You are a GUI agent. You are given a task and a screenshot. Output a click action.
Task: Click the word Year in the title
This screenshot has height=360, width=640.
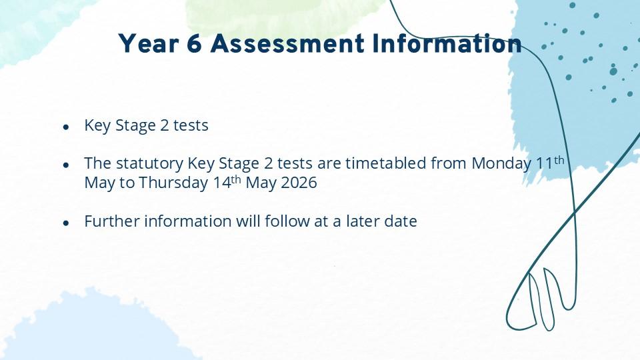[x=149, y=44]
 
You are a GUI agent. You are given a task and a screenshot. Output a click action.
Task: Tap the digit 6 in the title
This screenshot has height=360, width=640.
[x=195, y=44]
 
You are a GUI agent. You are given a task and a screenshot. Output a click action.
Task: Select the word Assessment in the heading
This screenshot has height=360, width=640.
[x=287, y=44]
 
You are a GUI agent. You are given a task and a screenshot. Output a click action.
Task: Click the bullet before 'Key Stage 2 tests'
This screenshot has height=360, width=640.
[x=66, y=127]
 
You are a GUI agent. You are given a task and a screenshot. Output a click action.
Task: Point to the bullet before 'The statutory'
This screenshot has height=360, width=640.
[x=66, y=165]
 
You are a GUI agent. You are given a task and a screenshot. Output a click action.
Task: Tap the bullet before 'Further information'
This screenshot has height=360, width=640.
[x=66, y=223]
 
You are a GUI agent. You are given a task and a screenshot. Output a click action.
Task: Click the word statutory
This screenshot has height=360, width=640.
[x=150, y=164]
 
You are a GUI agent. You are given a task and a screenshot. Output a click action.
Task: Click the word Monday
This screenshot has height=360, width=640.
[x=501, y=164]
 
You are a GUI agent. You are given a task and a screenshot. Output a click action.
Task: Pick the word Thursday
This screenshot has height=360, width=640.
[x=173, y=183]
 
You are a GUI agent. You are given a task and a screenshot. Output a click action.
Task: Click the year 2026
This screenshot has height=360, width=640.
[x=299, y=183]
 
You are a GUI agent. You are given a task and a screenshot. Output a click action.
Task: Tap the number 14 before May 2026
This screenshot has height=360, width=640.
[x=222, y=183]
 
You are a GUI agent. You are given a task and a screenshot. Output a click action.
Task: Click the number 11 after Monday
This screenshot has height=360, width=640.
[x=544, y=163]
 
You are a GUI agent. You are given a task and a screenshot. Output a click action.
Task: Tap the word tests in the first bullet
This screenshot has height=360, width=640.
[x=191, y=125]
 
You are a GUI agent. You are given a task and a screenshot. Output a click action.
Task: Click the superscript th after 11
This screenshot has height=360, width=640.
[x=559, y=159]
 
